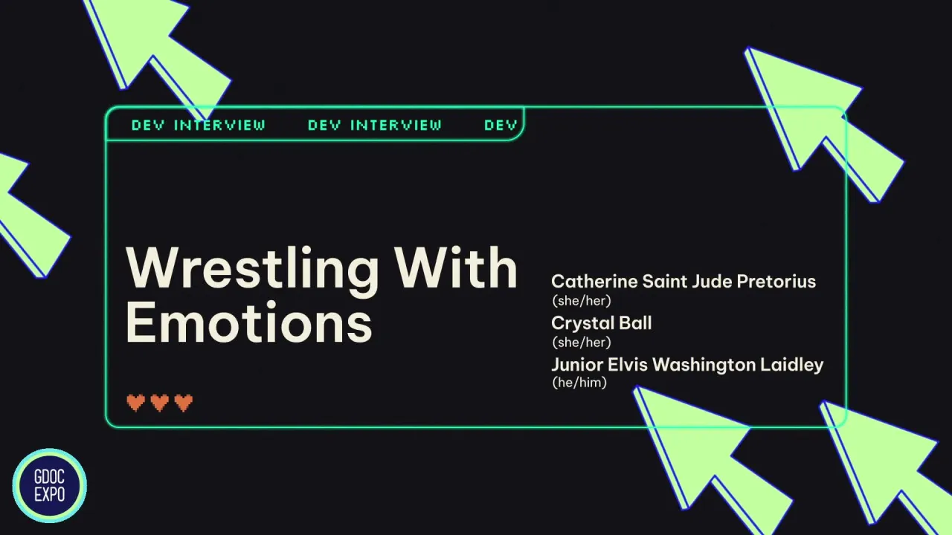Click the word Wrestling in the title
pos(253,269)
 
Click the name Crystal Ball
pos(601,323)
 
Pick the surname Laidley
pos(791,365)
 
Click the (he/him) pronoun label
pos(579,383)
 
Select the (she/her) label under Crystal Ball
pos(581,343)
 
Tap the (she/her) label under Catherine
pos(581,301)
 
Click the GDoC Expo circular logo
pos(49,486)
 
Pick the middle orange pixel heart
pos(159,403)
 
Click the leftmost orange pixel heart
pos(135,403)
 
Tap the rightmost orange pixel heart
pos(183,403)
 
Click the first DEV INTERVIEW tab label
pos(198,125)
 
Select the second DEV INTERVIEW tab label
pos(374,125)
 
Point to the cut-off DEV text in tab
pos(500,125)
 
